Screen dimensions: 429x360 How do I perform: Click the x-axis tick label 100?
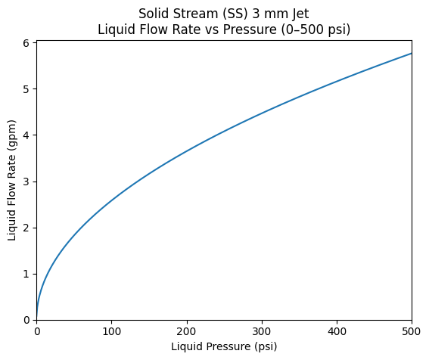point(112,331)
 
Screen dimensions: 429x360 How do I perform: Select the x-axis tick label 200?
point(187,331)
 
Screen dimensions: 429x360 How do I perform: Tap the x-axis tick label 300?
point(262,331)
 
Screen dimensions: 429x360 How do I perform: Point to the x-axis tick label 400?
point(337,331)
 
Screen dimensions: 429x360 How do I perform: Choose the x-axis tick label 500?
point(412,331)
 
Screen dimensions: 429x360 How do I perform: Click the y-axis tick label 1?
point(26,274)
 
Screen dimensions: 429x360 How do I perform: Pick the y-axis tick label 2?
point(26,228)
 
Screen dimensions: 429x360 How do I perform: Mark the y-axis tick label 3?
point(26,182)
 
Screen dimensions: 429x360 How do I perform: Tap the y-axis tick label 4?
point(26,135)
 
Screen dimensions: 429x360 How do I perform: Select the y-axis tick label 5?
point(26,89)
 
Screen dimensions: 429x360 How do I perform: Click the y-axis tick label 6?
point(26,43)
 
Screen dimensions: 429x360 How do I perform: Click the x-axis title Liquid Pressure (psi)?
point(224,346)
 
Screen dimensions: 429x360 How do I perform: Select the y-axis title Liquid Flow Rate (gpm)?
point(12,181)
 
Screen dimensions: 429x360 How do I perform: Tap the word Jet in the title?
point(300,14)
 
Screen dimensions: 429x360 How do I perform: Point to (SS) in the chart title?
point(235,14)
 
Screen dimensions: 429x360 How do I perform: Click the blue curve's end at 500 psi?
point(412,54)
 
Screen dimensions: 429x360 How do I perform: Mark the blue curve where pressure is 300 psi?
point(262,113)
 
